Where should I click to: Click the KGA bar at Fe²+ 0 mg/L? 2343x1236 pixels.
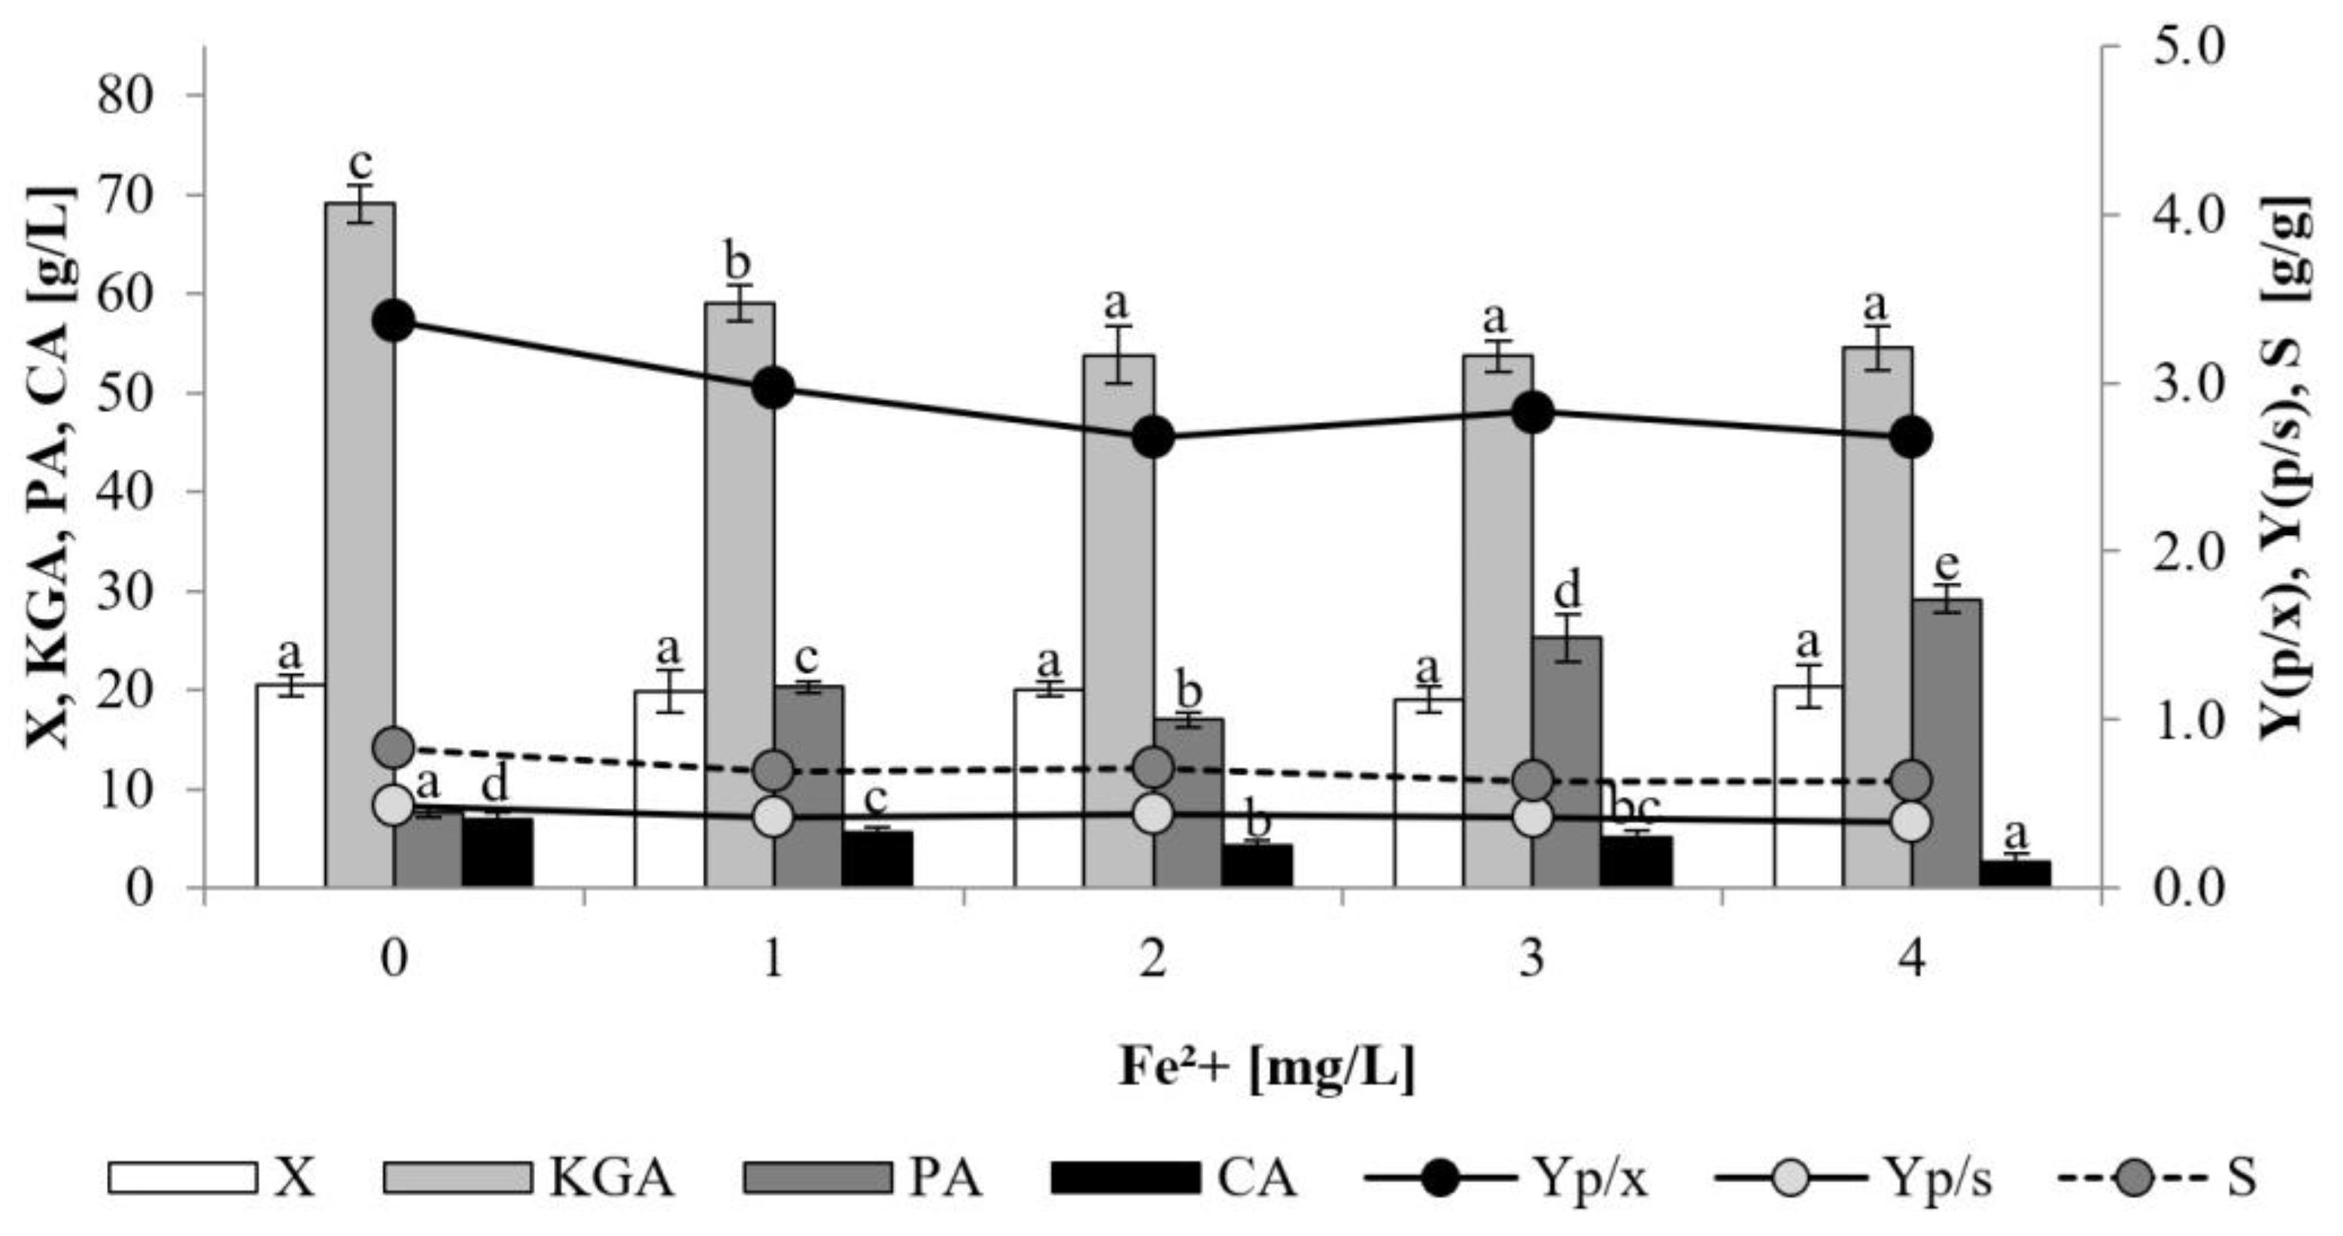pos(360,545)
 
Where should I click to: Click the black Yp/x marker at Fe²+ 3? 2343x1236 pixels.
pos(1533,413)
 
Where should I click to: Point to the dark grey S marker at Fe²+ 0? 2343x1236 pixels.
pos(394,748)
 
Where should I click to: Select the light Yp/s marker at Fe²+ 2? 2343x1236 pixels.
pos(1153,812)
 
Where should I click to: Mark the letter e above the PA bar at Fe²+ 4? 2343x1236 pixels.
pos(1946,565)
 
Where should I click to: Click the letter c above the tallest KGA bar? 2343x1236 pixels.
pos(361,165)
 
